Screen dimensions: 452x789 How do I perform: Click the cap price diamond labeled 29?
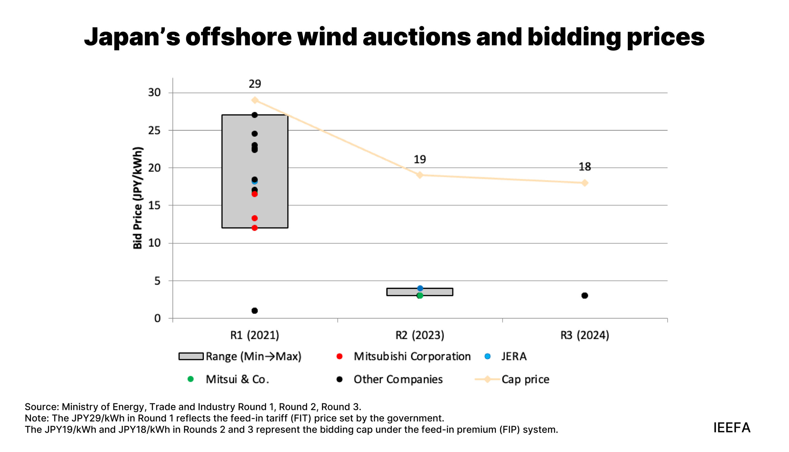click(255, 100)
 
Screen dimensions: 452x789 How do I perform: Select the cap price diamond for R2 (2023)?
click(419, 175)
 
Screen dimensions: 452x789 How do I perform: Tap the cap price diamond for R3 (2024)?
click(584, 183)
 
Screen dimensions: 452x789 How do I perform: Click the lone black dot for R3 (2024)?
click(584, 295)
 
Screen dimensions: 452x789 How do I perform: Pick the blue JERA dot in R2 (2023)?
click(420, 288)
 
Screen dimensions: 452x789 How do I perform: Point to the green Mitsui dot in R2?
click(419, 295)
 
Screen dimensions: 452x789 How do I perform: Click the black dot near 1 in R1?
click(254, 311)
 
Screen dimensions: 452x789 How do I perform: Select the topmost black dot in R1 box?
click(254, 115)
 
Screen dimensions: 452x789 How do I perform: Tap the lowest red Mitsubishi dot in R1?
click(254, 228)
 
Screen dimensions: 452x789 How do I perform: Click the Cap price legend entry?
click(512, 379)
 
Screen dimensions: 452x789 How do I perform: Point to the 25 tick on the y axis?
click(154, 130)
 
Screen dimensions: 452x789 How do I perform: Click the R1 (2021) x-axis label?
click(254, 335)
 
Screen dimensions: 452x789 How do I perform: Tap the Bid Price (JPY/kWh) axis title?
click(137, 198)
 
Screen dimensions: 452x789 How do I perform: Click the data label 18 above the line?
click(584, 167)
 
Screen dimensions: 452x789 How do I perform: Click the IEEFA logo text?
click(732, 427)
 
